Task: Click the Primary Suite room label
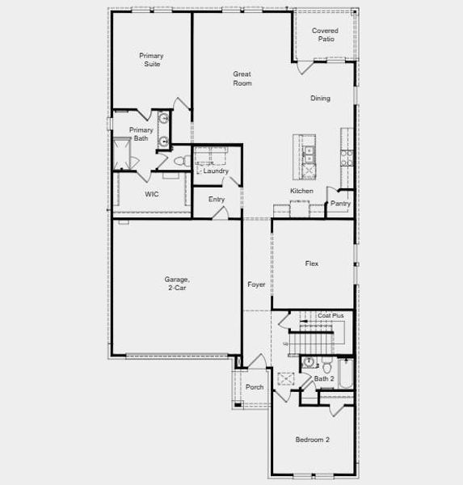click(x=151, y=60)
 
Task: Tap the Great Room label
click(x=242, y=78)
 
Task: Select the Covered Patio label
click(x=325, y=35)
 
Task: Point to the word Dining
click(x=320, y=99)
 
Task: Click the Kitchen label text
click(x=301, y=191)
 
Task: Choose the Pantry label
click(x=340, y=204)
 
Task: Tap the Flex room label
click(x=311, y=264)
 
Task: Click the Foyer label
click(x=256, y=285)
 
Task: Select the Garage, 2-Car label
click(x=177, y=283)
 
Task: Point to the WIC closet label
click(x=151, y=195)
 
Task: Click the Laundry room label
click(x=216, y=171)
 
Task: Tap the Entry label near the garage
click(x=217, y=200)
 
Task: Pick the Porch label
click(x=255, y=387)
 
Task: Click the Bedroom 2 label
click(x=312, y=440)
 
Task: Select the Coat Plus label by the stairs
click(x=330, y=315)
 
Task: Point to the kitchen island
click(x=309, y=156)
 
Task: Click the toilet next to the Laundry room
click(x=182, y=161)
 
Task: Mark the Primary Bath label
click(x=141, y=134)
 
